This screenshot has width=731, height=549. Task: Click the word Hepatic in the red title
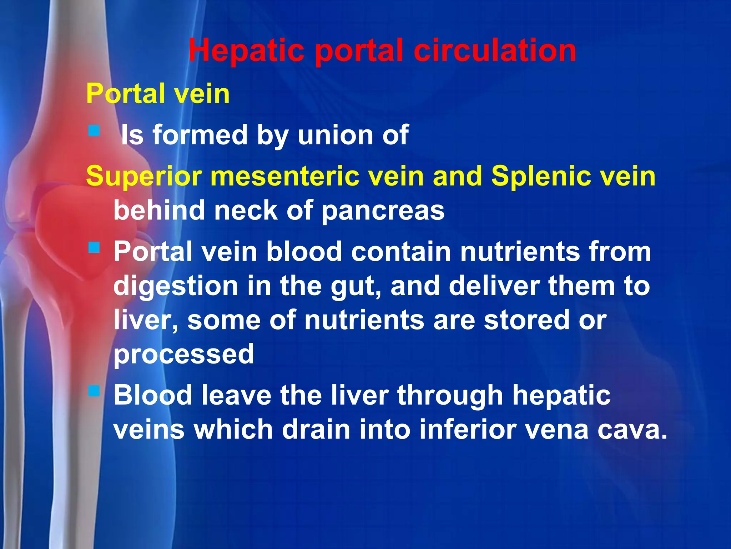pyautogui.click(x=246, y=51)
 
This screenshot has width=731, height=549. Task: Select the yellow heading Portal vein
pyautogui.click(x=158, y=94)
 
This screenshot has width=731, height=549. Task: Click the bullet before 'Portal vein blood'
pyautogui.click(x=94, y=247)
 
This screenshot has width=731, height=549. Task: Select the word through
pyautogui.click(x=450, y=395)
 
